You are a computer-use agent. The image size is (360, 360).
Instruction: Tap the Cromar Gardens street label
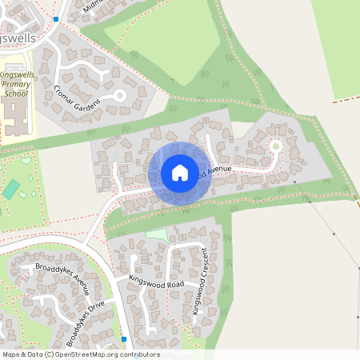pyautogui.click(x=78, y=96)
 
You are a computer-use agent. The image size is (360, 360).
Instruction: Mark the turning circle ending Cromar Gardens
pyautogui.click(x=120, y=95)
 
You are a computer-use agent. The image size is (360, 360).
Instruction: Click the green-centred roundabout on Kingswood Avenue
pyautogui.click(x=276, y=146)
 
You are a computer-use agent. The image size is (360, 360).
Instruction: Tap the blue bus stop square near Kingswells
pyautogui.click(x=56, y=18)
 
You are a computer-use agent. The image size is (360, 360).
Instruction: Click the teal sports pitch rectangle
pyautogui.click(x=11, y=190)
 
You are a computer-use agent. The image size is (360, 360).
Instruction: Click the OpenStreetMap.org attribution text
pyautogui.click(x=105, y=354)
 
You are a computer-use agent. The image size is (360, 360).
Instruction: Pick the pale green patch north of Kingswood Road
pyautogui.click(x=158, y=234)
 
